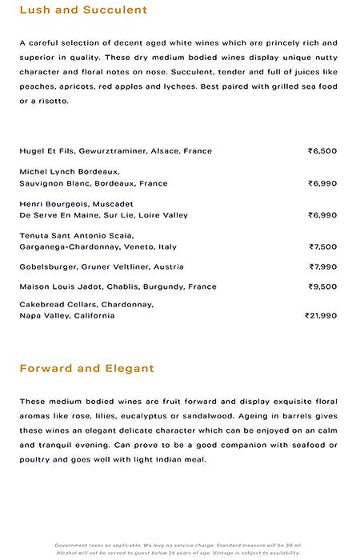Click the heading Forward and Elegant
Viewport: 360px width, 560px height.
(86, 369)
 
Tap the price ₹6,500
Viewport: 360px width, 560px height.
(322, 150)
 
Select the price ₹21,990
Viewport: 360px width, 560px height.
(321, 315)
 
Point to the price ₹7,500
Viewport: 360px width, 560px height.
(323, 247)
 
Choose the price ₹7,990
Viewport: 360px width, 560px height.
(323, 266)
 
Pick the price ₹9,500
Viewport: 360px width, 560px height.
(323, 286)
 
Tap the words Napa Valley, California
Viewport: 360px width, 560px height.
(67, 315)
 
